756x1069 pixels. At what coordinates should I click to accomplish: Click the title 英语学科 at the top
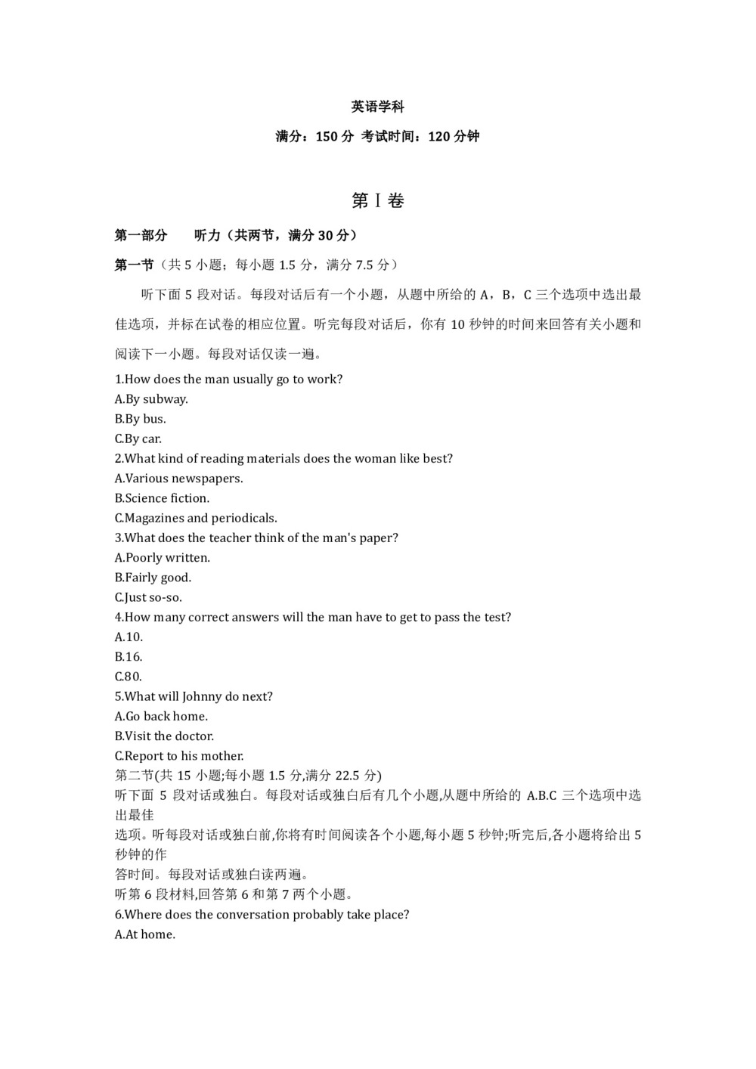tap(377, 107)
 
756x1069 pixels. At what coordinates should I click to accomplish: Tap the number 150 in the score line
tap(326, 137)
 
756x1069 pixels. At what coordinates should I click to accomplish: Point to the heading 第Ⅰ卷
tap(377, 201)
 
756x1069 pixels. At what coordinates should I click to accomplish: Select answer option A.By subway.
tap(151, 399)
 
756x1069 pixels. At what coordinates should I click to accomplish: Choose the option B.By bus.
tap(141, 419)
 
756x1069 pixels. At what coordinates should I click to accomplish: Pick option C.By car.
tap(138, 438)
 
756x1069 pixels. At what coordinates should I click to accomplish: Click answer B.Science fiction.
tap(163, 498)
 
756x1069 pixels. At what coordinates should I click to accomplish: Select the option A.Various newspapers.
tap(179, 479)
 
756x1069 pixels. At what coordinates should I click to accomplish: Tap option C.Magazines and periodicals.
tap(196, 518)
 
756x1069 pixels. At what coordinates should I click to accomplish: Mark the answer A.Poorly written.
tap(163, 558)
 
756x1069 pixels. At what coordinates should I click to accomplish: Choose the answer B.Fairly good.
tap(153, 578)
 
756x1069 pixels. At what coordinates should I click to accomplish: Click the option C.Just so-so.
tap(148, 597)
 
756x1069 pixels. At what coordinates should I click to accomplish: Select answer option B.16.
tap(129, 657)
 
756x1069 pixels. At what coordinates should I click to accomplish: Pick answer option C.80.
tap(129, 677)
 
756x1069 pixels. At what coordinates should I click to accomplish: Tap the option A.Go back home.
tap(161, 716)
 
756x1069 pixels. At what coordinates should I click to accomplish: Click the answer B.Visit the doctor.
tap(164, 736)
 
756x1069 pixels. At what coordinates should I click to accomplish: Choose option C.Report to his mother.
tap(179, 756)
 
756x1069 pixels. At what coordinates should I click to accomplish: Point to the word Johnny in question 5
tap(200, 696)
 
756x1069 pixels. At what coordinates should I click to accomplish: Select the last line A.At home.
tap(145, 934)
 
